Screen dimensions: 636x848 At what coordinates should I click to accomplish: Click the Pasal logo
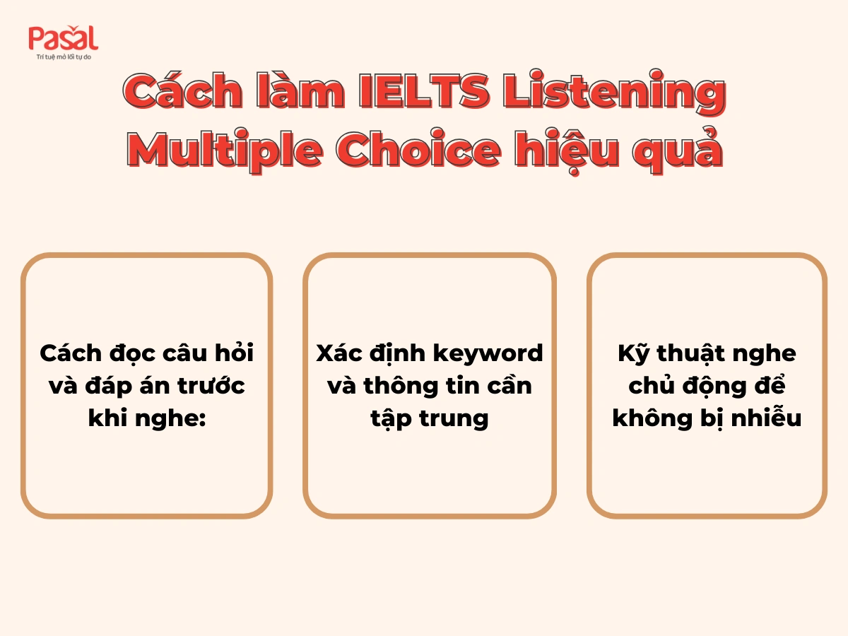[63, 38]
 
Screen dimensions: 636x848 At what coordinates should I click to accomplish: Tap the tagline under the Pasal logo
[64, 57]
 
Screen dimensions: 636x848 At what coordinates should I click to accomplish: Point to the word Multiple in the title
[233, 150]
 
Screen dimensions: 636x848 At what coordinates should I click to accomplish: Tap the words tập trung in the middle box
[430, 418]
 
